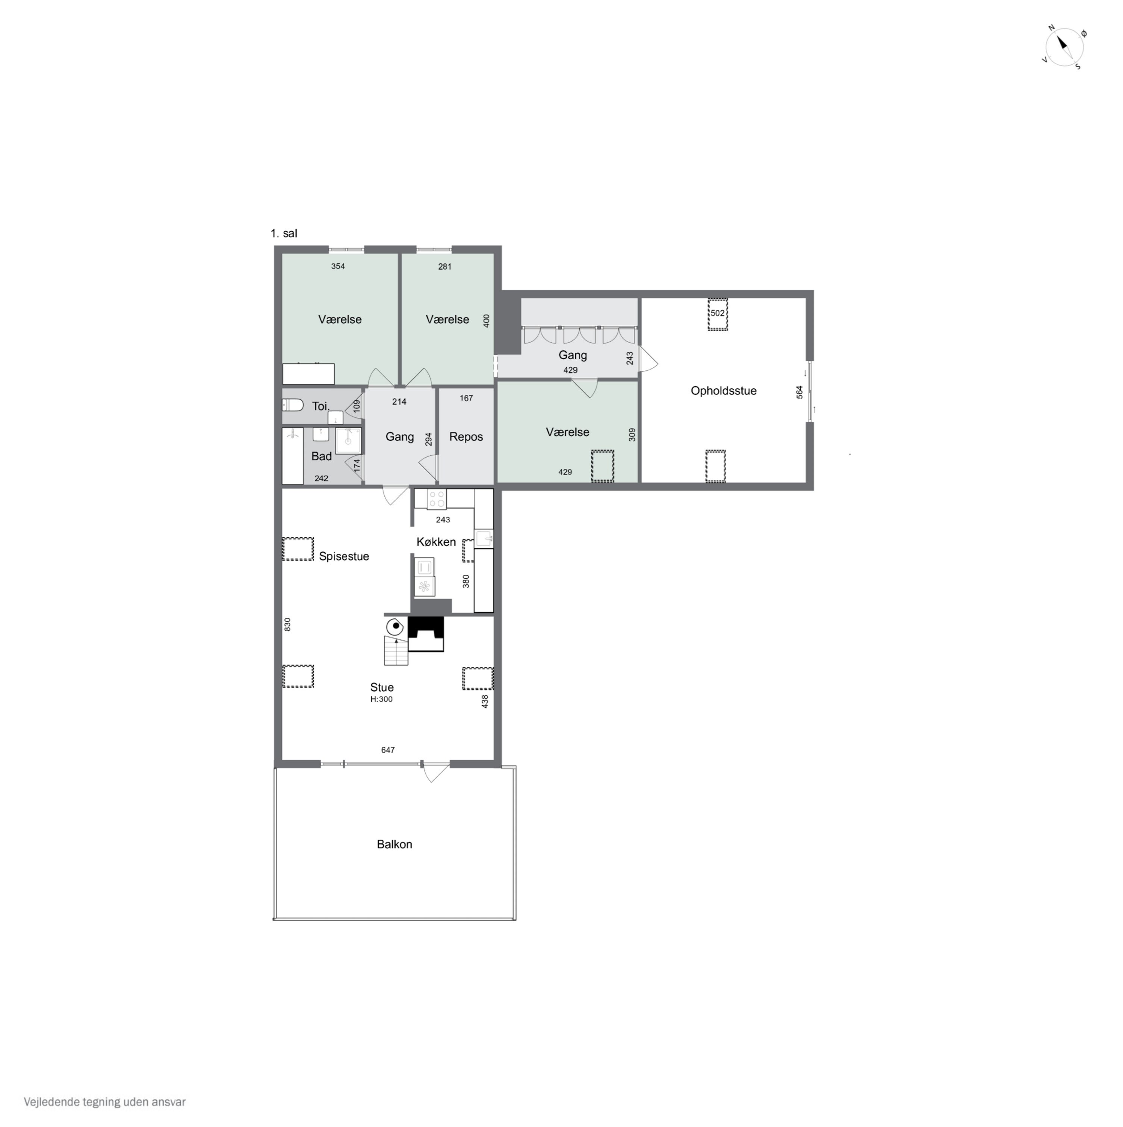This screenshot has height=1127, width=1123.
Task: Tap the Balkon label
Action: [x=394, y=844]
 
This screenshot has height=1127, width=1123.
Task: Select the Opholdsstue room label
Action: [x=723, y=391]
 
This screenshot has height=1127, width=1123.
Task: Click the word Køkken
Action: [x=436, y=542]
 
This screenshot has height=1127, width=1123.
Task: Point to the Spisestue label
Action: [x=344, y=556]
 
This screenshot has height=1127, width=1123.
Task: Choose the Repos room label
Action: [x=466, y=437]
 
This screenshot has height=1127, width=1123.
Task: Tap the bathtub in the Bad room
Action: [x=293, y=456]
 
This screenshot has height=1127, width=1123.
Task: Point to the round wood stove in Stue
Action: [x=396, y=627]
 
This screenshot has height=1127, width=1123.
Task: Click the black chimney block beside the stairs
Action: [x=426, y=633]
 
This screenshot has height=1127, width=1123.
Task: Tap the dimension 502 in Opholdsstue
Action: [x=718, y=313]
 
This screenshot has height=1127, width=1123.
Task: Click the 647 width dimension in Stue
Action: [x=388, y=750]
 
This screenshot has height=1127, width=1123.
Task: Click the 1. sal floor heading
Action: [x=284, y=233]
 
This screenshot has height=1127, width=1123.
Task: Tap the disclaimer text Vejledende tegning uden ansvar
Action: [x=105, y=1102]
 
